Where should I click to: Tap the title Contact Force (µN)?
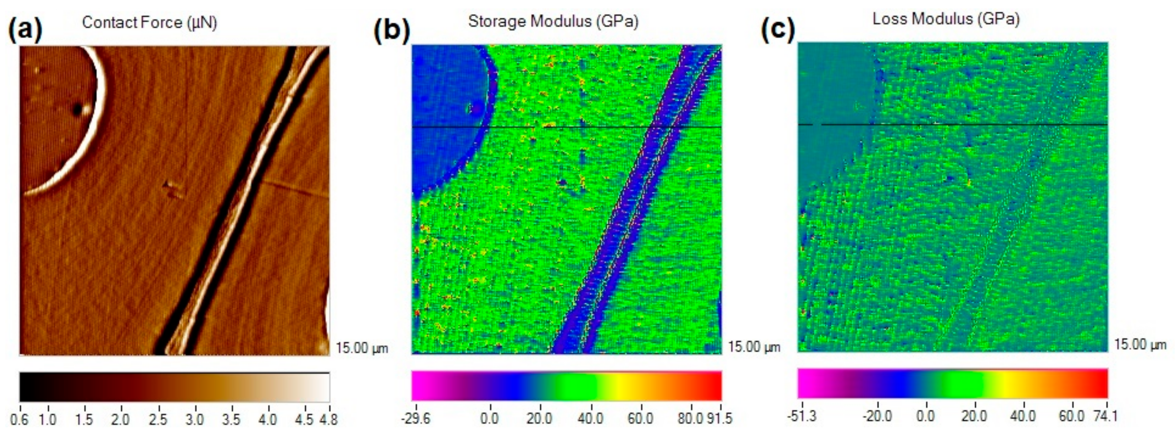click(x=149, y=22)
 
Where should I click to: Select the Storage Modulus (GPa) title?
click(x=553, y=21)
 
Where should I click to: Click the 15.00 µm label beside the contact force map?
click(x=362, y=348)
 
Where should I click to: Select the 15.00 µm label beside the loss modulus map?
click(x=1140, y=345)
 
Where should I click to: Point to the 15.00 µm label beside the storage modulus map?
click(x=754, y=347)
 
